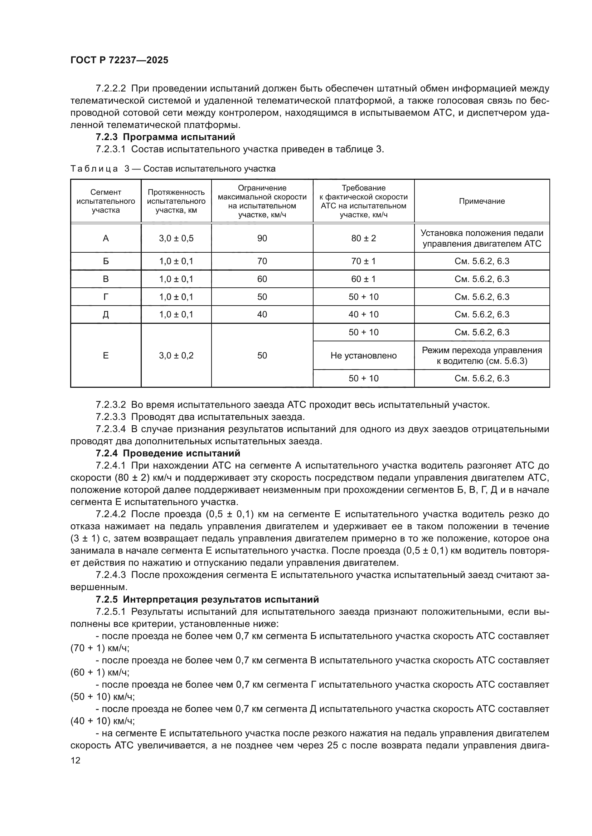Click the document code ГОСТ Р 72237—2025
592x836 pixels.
(119, 60)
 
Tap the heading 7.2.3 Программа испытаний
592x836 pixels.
(165, 137)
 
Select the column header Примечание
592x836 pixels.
(481, 201)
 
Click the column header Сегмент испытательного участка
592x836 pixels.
(106, 201)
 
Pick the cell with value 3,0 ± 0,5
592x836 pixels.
(176, 238)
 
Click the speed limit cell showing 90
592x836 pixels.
(262, 238)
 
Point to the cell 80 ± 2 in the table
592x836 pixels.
(363, 238)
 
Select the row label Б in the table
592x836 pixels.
(106, 261)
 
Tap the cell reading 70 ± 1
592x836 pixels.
(363, 261)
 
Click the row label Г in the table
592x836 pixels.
(106, 297)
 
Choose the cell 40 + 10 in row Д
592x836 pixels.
(363, 314)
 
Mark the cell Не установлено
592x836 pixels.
(363, 355)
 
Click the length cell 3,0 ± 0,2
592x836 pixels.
(176, 355)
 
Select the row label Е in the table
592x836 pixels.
(106, 355)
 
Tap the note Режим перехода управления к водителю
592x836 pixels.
(481, 355)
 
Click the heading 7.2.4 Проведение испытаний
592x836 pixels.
(168, 453)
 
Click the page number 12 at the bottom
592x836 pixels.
(76, 760)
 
